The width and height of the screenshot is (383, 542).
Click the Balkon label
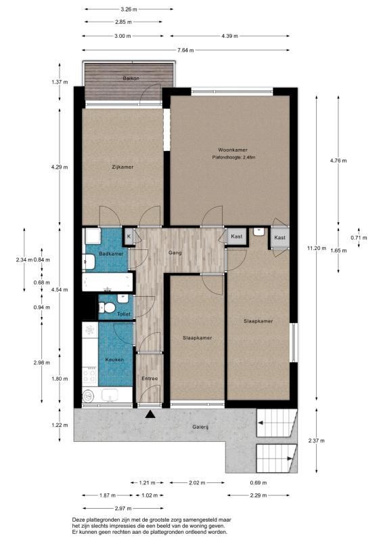pos(131,79)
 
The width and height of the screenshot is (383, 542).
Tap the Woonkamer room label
pos(233,150)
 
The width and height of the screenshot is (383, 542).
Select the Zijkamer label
pos(122,167)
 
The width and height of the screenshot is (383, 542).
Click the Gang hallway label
pos(175,253)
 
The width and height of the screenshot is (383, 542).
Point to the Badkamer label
pos(111,253)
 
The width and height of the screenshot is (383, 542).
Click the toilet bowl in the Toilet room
pos(108,308)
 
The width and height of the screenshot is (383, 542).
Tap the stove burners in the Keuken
pos(89,375)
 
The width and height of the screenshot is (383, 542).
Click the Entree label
pos(150,379)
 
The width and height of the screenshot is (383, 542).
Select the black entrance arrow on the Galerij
pos(150,414)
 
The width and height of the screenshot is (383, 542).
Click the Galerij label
pos(201,427)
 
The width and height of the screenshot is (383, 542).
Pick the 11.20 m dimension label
pos(316,248)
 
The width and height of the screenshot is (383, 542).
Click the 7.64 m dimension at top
pos(185,50)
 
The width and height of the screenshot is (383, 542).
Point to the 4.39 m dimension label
pos(229,36)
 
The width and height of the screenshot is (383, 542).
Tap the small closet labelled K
pos(129,236)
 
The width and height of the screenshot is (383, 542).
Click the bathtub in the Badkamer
pos(108,282)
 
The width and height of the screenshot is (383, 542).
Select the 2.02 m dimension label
pos(197,482)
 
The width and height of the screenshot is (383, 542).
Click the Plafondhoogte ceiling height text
pos(234,158)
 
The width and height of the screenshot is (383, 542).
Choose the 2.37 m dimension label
pos(316,441)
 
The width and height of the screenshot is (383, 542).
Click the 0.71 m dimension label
pos(359,238)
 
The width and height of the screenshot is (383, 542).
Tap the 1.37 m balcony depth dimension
pos(60,82)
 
